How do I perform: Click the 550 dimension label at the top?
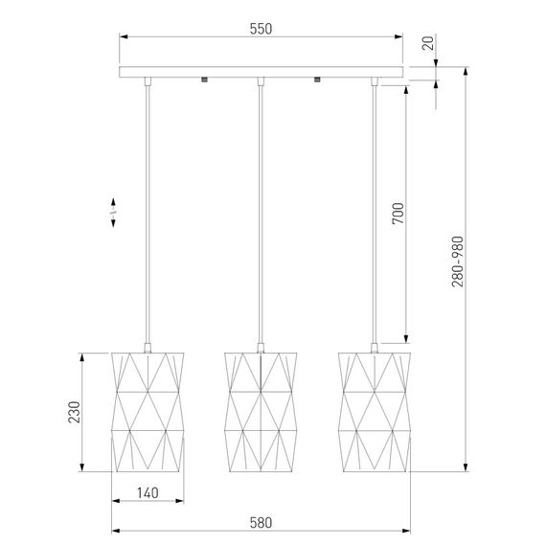tap(261, 29)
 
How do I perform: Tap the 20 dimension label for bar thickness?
tap(428, 42)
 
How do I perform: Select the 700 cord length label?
tap(398, 213)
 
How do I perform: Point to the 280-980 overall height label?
tap(458, 262)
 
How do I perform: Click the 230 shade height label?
tap(74, 412)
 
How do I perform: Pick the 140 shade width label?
tap(148, 492)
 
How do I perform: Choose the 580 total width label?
tap(261, 523)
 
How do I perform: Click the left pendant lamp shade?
tap(148, 412)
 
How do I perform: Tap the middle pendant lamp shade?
tap(261, 412)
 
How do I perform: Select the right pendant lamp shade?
tap(375, 412)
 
